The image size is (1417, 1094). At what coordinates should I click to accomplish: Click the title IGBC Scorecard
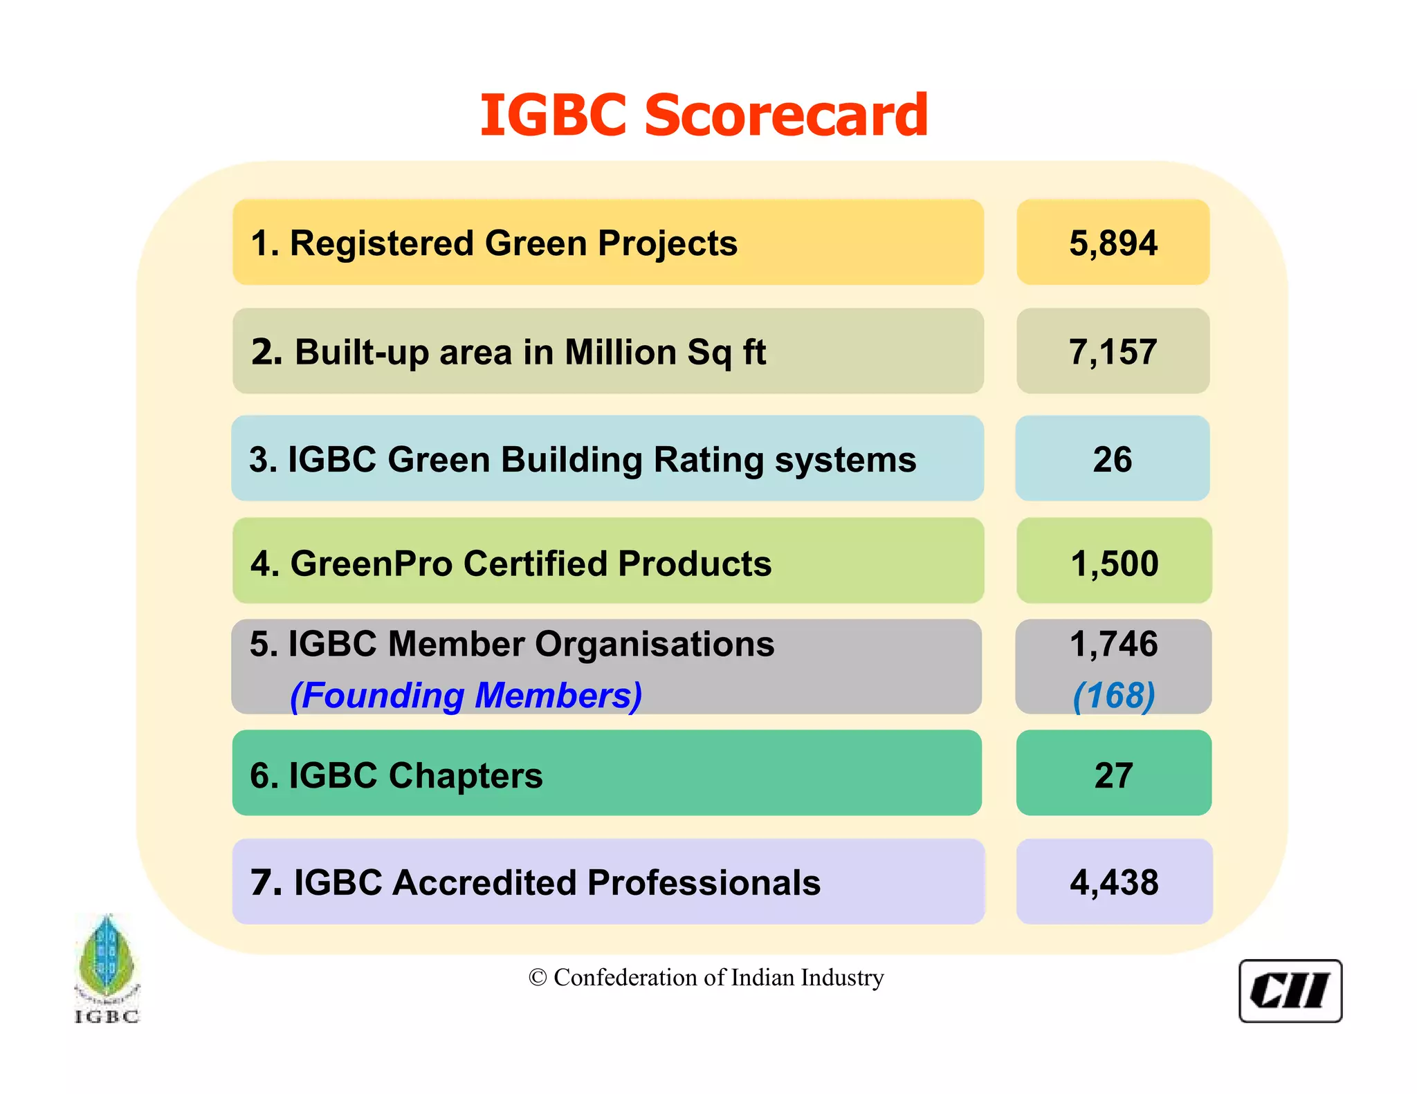point(704,115)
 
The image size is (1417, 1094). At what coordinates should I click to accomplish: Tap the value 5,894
point(1113,243)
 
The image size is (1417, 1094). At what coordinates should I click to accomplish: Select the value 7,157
point(1113,352)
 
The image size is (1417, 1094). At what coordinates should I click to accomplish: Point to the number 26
point(1113,460)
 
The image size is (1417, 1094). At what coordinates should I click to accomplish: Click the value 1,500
point(1114,564)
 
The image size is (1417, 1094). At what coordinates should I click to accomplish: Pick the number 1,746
point(1113,644)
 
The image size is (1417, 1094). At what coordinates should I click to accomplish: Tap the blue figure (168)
point(1114,695)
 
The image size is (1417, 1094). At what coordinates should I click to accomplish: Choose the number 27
point(1113,775)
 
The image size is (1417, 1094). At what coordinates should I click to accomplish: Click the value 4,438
point(1114,883)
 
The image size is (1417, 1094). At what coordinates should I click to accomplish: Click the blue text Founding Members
point(466,695)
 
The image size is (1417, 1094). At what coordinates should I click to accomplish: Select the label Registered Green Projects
point(513,243)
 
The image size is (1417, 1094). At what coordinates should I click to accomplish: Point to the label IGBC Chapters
point(415,775)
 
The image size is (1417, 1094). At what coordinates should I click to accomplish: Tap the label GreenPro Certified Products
point(531,564)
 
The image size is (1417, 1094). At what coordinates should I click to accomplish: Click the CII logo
point(1290,991)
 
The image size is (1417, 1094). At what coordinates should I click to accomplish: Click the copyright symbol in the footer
point(538,978)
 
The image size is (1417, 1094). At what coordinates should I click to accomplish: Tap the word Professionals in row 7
point(704,883)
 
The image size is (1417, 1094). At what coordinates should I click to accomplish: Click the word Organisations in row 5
point(655,644)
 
